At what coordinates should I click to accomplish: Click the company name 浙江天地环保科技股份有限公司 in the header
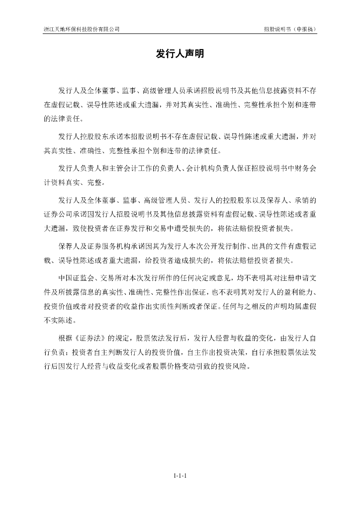(x=82, y=29)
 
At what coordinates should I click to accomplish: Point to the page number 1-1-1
(x=180, y=476)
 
